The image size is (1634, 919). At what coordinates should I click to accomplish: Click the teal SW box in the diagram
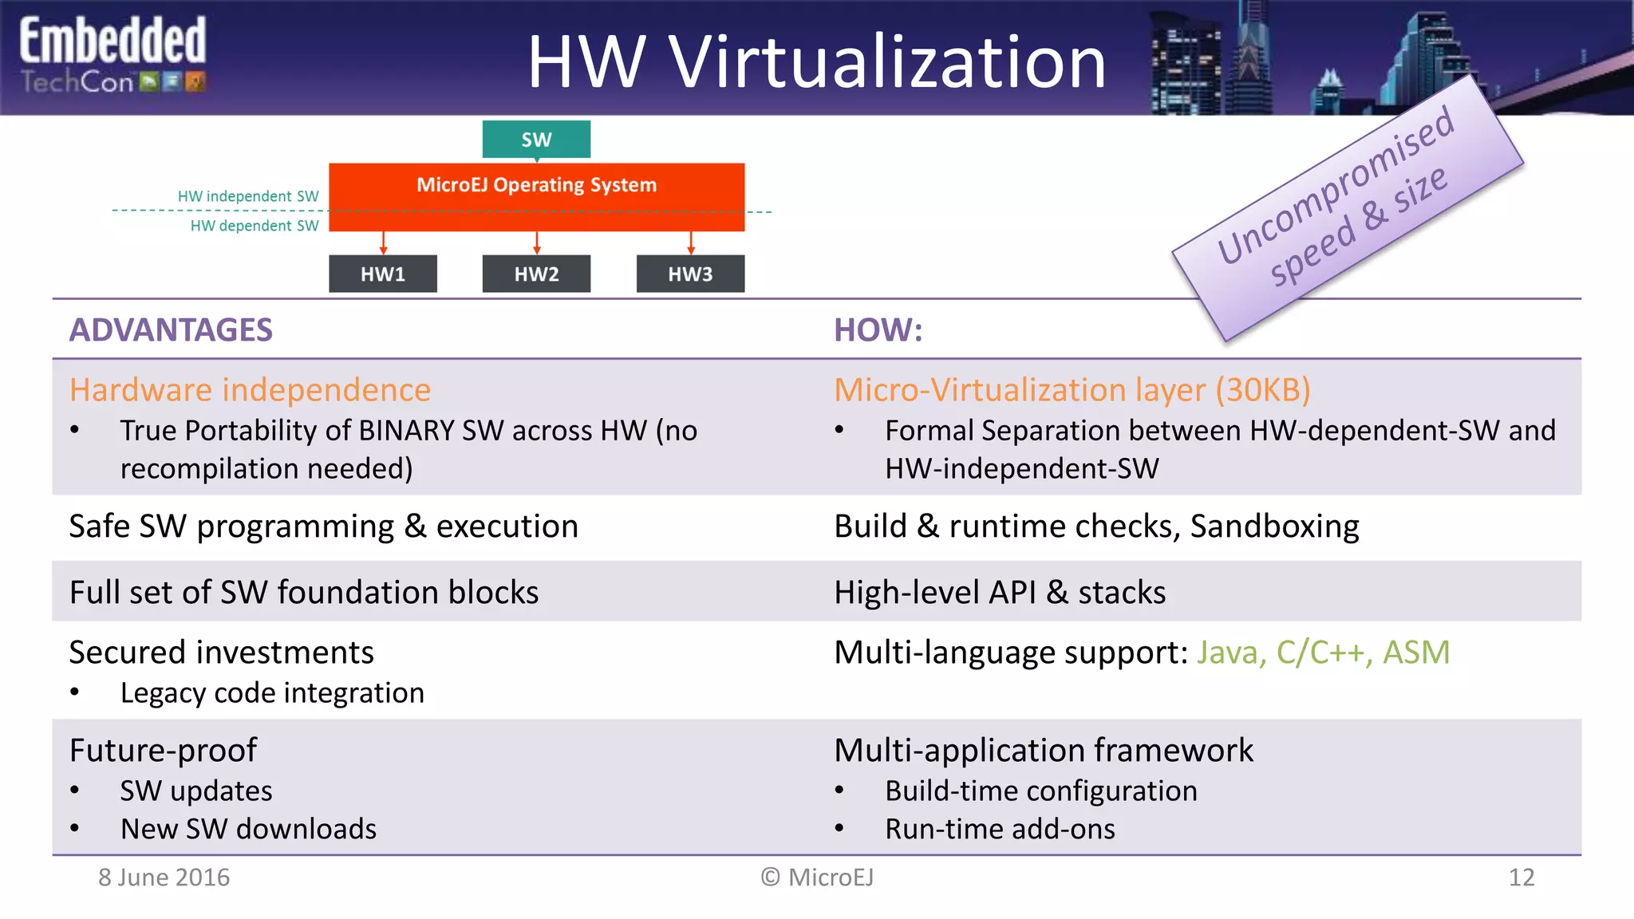536,140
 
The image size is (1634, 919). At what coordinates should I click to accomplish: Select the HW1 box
383,274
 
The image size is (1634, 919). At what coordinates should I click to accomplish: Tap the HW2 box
536,274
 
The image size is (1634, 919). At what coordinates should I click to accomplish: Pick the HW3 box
690,274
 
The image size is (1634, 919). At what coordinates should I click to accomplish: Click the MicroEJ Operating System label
536,185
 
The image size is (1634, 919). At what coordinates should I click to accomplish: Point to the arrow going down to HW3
691,243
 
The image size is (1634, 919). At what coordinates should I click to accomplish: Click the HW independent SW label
248,196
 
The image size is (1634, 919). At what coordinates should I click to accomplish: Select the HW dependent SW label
254,226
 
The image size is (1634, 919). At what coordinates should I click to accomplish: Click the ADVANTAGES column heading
171,330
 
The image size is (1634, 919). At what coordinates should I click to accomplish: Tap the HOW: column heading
878,330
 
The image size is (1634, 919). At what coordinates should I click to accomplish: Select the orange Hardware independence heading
250,390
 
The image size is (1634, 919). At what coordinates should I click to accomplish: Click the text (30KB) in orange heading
1263,390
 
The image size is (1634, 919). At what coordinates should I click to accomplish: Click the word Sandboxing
1274,527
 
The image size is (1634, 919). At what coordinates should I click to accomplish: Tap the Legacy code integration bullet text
272,692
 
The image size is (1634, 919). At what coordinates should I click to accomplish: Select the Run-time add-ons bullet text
1000,829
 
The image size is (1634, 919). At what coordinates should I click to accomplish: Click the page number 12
1521,878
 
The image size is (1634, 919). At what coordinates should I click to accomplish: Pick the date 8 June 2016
164,878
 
